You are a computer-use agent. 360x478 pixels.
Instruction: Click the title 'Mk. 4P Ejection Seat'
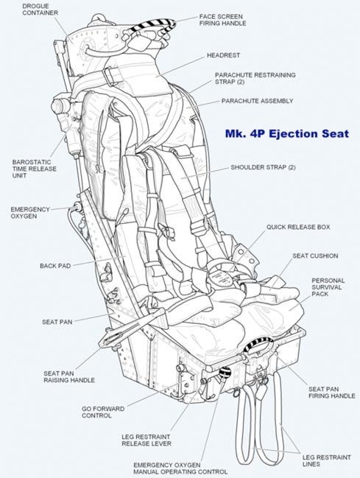point(287,134)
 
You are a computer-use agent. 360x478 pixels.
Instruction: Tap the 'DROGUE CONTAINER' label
point(40,10)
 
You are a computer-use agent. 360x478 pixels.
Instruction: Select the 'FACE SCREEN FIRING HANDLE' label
point(223,20)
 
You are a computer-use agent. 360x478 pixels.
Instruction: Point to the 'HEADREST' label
point(224,55)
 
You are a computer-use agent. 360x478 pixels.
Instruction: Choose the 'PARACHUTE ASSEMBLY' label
point(257,101)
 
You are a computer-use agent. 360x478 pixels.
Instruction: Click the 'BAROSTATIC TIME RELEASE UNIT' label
point(34,169)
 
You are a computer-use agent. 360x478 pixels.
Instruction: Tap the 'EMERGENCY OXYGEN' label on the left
point(30,213)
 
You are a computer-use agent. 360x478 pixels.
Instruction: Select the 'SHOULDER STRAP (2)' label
point(263,167)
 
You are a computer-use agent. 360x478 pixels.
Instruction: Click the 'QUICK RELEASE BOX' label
point(298,227)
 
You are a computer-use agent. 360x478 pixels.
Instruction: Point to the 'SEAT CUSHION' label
point(315,256)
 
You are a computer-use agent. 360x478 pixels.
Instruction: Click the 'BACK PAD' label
point(55,266)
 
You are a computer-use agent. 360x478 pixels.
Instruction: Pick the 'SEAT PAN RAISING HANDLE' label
point(69,377)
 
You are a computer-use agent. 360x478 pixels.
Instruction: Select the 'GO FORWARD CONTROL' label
point(103,412)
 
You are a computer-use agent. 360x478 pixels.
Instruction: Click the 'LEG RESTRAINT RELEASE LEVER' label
point(147,440)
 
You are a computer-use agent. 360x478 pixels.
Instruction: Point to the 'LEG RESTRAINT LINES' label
point(326,460)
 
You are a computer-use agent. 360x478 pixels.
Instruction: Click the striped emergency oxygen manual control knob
point(225,373)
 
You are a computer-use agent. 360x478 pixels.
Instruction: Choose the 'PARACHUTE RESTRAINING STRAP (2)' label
point(255,78)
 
